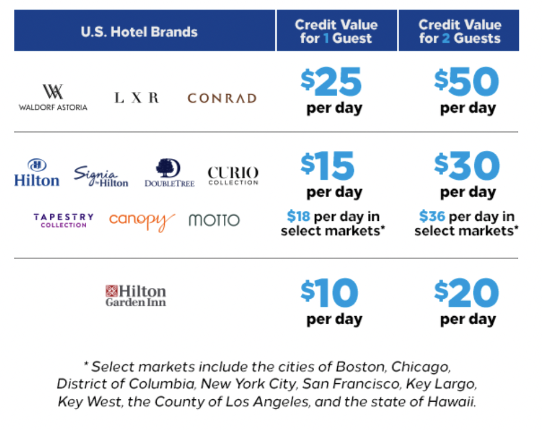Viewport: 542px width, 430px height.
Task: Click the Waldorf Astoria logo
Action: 53,97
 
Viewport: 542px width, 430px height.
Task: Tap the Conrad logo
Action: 222,98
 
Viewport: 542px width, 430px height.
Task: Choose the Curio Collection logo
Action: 233,175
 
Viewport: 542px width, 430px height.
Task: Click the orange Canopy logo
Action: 142,220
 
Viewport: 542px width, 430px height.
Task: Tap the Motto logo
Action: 213,220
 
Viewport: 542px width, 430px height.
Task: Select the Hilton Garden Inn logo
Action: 135,295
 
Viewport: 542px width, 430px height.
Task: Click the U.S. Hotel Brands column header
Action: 139,32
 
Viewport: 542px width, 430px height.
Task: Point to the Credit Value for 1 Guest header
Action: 336,32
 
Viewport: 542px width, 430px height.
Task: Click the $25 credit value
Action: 331,83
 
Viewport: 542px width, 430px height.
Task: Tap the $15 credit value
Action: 327,167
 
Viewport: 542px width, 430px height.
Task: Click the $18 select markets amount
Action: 299,217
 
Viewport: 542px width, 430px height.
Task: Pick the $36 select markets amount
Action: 433,217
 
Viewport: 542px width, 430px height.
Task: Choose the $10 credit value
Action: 329,294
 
